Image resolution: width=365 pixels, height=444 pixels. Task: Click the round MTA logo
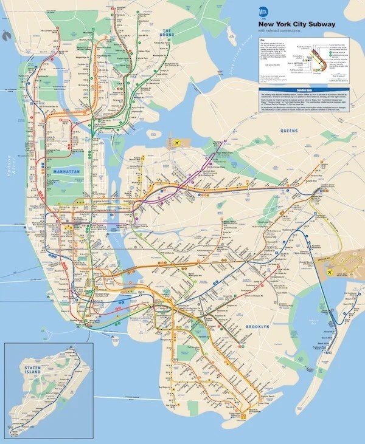(263, 11)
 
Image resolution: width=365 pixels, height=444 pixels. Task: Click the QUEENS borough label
(289, 131)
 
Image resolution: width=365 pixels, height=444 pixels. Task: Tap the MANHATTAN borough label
(66, 172)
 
